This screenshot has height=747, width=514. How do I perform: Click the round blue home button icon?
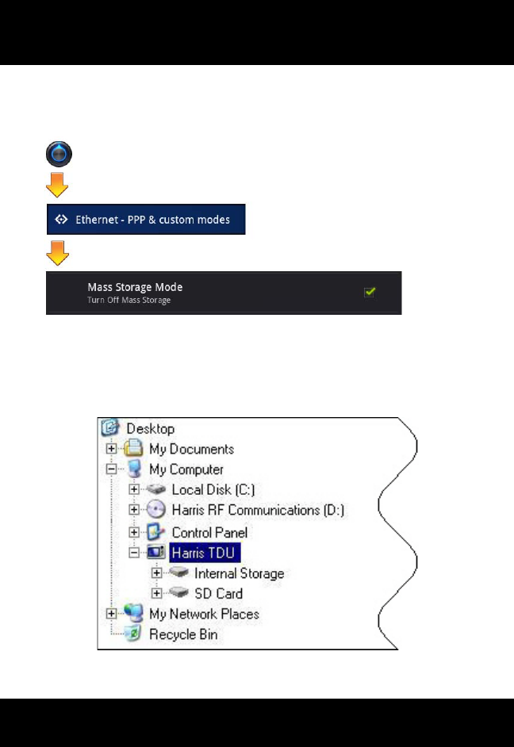pyautogui.click(x=59, y=155)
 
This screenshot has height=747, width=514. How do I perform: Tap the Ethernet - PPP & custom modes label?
pyautogui.click(x=152, y=219)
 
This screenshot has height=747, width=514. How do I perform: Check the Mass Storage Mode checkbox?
pyautogui.click(x=370, y=292)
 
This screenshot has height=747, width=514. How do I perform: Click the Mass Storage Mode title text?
pyautogui.click(x=129, y=287)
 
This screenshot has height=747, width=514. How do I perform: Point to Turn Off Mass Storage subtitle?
pyautogui.click(x=129, y=300)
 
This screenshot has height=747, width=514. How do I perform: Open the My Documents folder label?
pyautogui.click(x=191, y=449)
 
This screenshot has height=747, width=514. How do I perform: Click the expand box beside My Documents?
pyautogui.click(x=112, y=449)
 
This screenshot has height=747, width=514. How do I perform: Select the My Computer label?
pyautogui.click(x=186, y=469)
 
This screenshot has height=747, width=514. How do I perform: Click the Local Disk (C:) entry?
pyautogui.click(x=213, y=490)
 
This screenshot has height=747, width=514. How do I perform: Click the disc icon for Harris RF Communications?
pyautogui.click(x=155, y=511)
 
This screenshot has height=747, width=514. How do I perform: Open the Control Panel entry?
pyautogui.click(x=209, y=532)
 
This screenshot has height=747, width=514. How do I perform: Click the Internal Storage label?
pyautogui.click(x=239, y=573)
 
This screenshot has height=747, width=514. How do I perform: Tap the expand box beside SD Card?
pyautogui.click(x=156, y=593)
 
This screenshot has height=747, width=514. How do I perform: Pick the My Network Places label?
pyautogui.click(x=204, y=614)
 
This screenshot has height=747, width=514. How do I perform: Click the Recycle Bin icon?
pyautogui.click(x=135, y=634)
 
